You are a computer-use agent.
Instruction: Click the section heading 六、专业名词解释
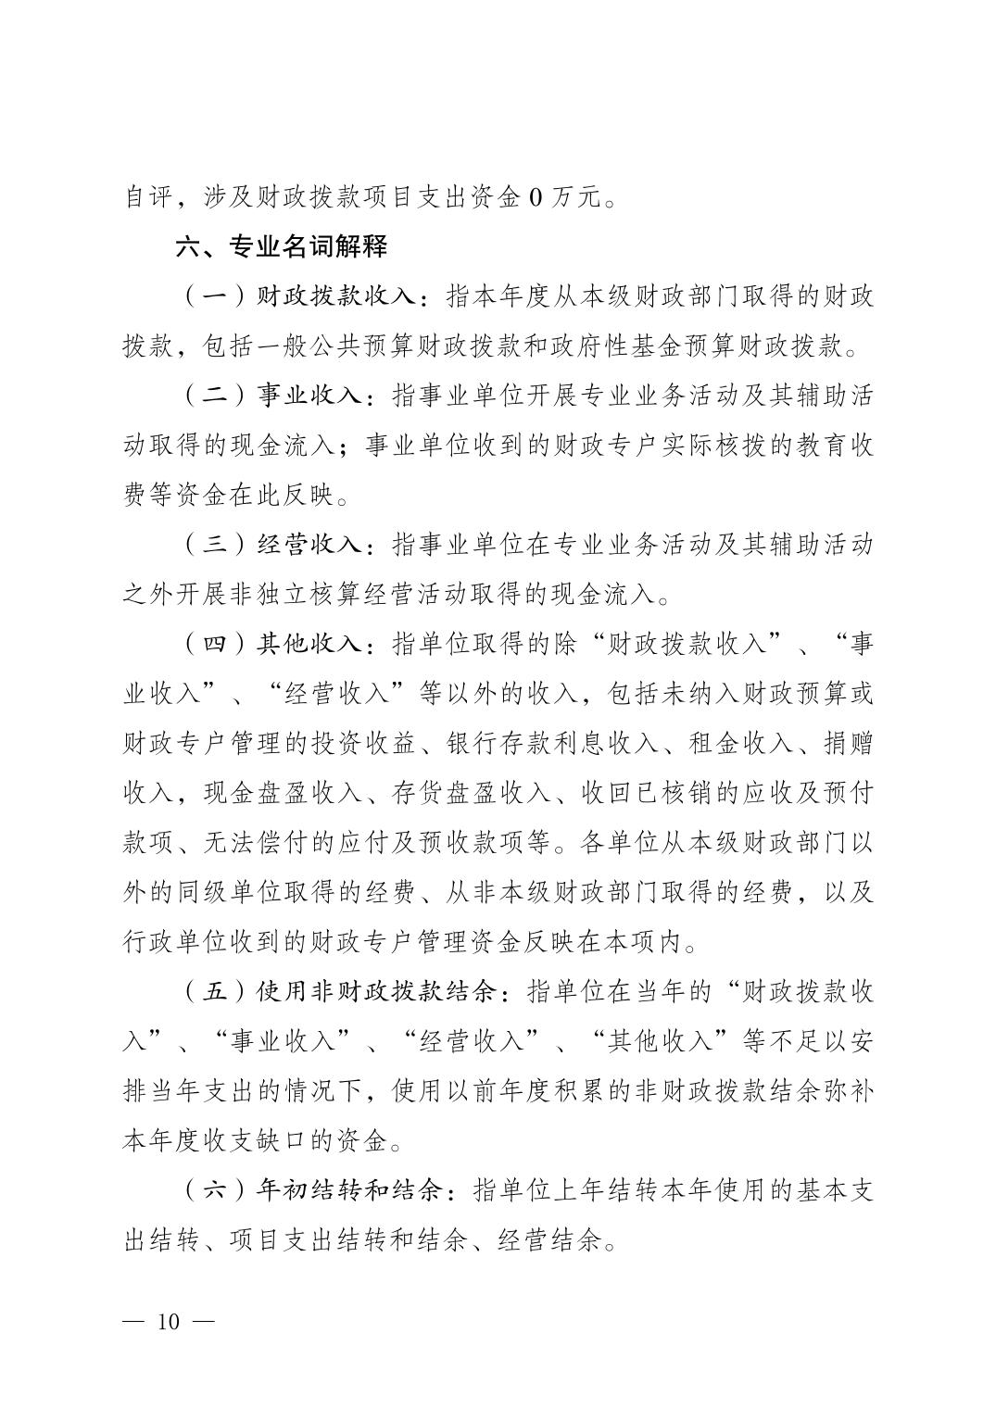(282, 246)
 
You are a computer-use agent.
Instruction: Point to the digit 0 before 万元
(535, 197)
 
